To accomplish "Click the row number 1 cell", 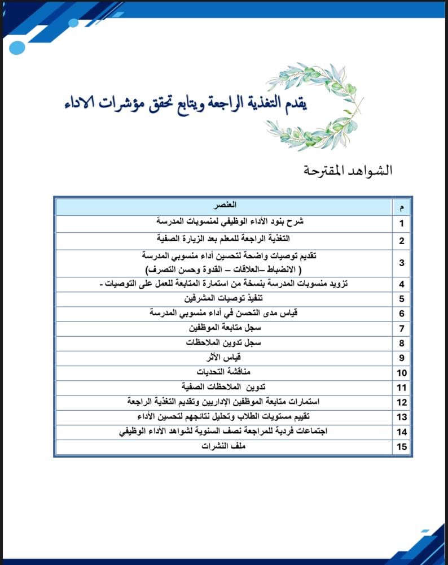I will [401, 223].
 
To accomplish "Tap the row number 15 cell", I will [401, 447].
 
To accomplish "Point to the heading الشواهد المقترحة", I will [348, 170].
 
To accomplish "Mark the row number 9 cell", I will [401, 358].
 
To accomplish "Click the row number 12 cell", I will [401, 402].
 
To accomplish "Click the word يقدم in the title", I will [294, 103].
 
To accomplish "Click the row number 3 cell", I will [401, 263].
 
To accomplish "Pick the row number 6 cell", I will [401, 314].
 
